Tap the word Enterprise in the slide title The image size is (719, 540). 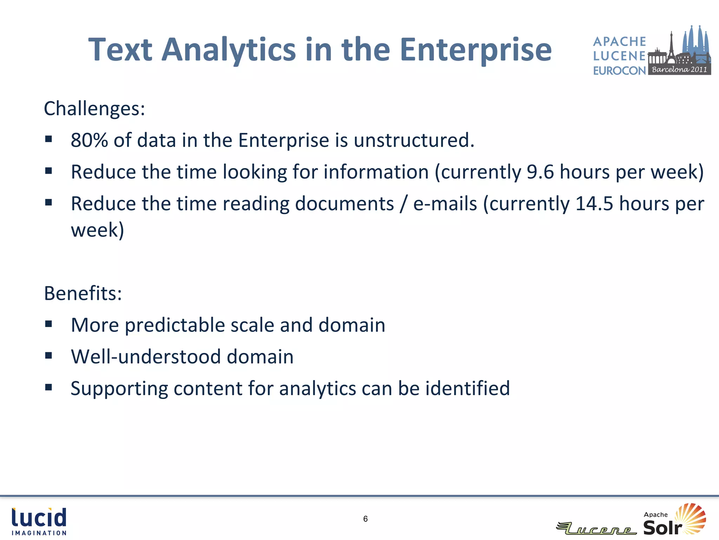point(476,50)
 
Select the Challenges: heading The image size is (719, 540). point(94,108)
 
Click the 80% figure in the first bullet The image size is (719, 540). point(89,140)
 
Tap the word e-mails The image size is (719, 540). point(445,204)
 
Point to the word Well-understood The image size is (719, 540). point(145,356)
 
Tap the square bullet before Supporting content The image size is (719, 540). point(48,387)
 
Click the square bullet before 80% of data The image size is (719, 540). point(48,139)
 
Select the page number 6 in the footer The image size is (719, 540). point(365,519)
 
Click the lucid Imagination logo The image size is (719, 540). point(39,521)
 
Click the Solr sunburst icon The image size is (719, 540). point(691,519)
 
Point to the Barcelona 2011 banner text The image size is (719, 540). point(679,70)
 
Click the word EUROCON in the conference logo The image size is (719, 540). point(619,71)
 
